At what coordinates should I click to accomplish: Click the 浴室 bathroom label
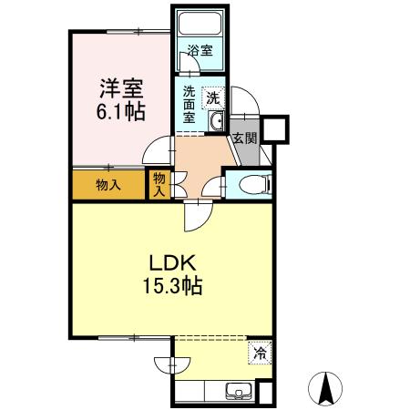pos(200,51)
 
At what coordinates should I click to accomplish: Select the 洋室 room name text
pos(122,91)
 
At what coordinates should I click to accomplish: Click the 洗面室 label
pos(190,103)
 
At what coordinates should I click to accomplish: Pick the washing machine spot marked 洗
pos(212,97)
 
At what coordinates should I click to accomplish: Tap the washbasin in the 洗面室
pos(217,121)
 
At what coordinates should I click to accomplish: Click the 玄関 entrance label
pos(243,138)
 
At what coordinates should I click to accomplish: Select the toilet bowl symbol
pos(255,185)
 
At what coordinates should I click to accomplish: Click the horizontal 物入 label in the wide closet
pos(108,185)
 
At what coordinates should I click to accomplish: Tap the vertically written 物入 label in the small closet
pos(159,184)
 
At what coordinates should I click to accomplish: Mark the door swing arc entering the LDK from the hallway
pos(196,217)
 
